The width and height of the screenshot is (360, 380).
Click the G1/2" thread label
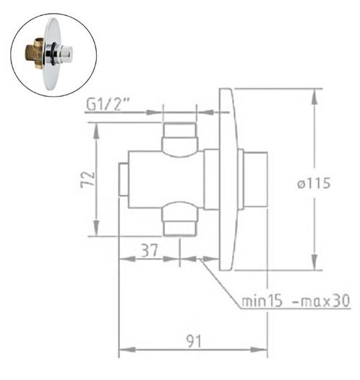107,105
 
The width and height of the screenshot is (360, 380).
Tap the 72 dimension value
87,179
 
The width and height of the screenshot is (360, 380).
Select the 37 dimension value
150,250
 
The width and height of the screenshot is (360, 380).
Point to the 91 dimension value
194,341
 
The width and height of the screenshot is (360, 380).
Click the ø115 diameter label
314,183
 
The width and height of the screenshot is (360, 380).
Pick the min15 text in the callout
262,301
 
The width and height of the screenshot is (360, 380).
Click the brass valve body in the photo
35,54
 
